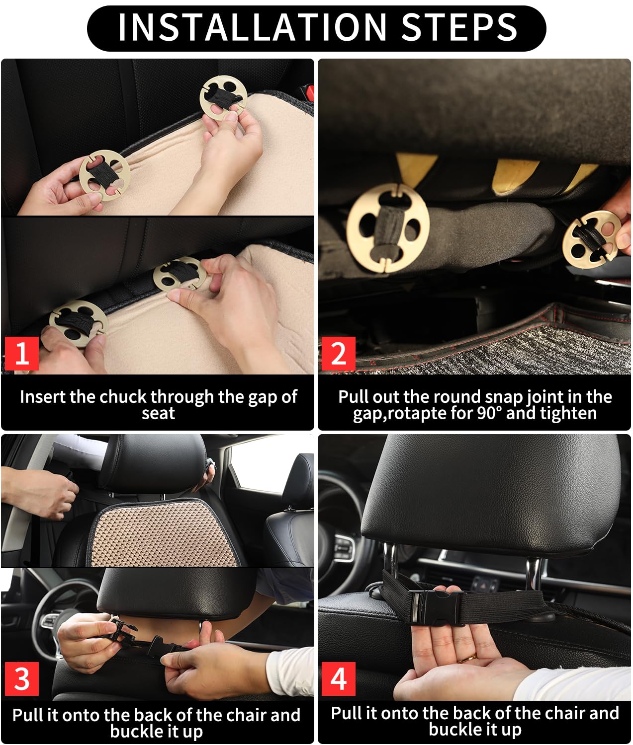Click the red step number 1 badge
(22, 354)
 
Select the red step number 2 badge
(338, 354)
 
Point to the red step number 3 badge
(22, 678)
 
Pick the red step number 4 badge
(338, 678)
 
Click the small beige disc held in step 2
(590, 236)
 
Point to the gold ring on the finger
(465, 659)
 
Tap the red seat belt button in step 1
(310, 92)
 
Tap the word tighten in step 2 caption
(567, 413)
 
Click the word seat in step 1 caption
(158, 413)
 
